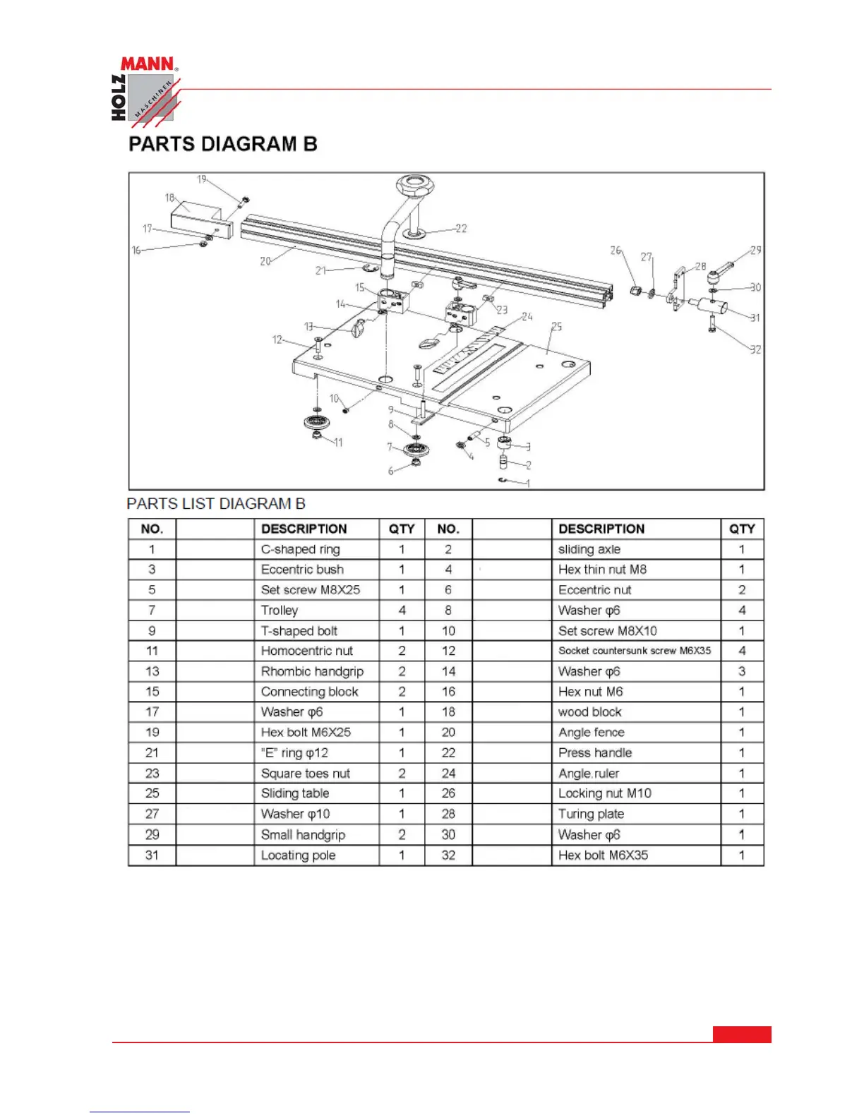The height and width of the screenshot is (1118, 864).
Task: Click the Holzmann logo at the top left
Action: pos(145,92)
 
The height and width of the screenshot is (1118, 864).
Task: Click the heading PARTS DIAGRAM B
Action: pos(222,145)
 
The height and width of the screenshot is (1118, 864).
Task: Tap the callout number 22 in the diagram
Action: pos(461,229)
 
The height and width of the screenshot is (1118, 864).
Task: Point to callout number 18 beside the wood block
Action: pos(169,198)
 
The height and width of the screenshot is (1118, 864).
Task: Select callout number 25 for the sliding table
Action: pos(557,327)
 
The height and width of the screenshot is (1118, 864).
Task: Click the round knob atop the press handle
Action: pos(414,187)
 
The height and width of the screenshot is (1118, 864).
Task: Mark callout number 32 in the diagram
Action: pos(755,349)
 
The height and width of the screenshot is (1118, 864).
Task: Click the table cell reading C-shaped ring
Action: pos(301,550)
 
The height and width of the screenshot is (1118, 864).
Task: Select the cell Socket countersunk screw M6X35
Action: pos(635,651)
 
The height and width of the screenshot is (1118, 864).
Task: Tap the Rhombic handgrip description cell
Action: pos(312,671)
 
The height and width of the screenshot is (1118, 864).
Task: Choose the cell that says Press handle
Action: pos(595,753)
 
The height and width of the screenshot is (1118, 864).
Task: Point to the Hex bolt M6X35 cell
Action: pos(603,855)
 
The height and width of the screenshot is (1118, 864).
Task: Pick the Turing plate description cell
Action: pos(591,814)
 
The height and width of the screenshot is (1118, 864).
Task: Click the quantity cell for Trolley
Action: pos(402,611)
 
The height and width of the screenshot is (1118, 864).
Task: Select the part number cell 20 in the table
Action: pos(448,733)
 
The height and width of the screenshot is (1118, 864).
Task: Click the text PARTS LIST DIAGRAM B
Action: pos(216,504)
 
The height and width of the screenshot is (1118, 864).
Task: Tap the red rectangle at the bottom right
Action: pos(742,1034)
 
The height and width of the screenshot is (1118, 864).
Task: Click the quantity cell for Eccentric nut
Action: pos(742,590)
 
